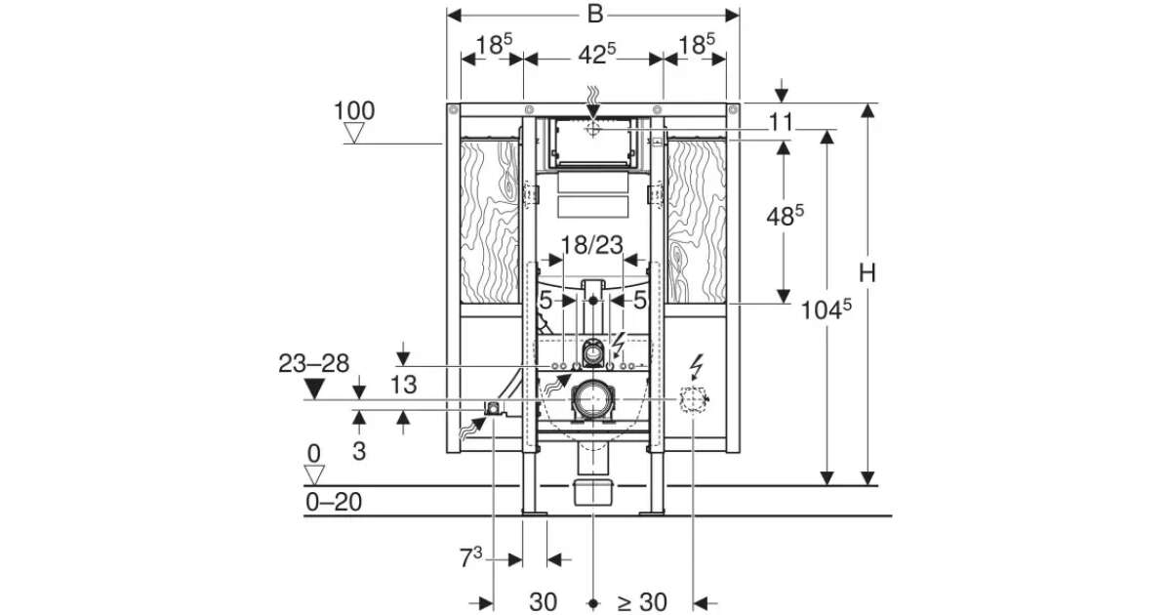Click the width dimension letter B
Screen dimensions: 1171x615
[595, 14]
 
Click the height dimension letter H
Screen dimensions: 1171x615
[868, 273]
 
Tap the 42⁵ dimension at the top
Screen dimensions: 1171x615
[596, 55]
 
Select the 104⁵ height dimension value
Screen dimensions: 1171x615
[826, 309]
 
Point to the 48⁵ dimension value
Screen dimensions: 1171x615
[786, 216]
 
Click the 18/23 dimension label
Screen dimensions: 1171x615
[591, 245]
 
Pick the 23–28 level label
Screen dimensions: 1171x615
[313, 363]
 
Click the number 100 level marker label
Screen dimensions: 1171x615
[354, 111]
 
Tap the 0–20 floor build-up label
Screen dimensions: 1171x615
[334, 502]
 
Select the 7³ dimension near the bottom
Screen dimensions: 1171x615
[471, 557]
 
